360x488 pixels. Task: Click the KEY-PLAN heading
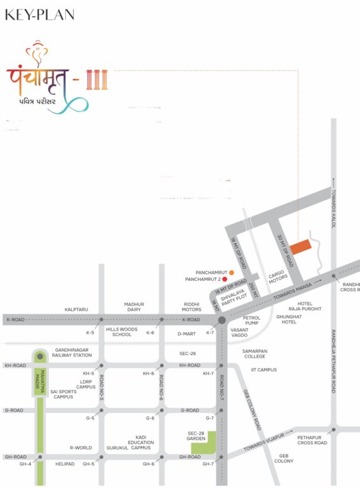click(39, 15)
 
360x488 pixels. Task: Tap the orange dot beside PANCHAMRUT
click(223, 272)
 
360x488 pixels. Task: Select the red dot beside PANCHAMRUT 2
click(225, 279)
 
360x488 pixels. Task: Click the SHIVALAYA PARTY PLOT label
click(233, 297)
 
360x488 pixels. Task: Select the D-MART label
click(187, 333)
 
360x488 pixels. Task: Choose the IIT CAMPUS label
click(263, 370)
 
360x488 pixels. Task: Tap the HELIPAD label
click(65, 464)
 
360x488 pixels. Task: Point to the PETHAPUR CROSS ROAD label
click(312, 440)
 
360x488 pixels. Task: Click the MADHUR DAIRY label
click(134, 307)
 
